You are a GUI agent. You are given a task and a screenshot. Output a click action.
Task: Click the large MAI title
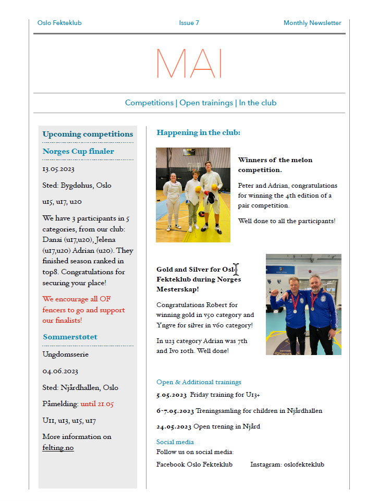tap(189, 64)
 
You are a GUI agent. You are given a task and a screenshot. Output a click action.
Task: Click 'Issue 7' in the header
tap(189, 23)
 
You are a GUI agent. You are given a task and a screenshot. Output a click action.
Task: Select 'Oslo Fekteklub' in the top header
tap(59, 23)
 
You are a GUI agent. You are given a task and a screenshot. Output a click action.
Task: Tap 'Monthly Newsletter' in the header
tap(312, 23)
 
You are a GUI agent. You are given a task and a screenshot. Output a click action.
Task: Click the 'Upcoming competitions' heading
tap(88, 134)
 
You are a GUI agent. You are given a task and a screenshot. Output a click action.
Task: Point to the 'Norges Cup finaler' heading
tap(78, 151)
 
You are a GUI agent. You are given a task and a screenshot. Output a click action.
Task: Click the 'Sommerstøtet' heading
tap(70, 337)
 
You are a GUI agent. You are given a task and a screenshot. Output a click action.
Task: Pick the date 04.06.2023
tap(60, 371)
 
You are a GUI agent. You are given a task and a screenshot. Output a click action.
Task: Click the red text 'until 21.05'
tap(97, 404)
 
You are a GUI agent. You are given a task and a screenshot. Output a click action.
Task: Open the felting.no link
tap(58, 447)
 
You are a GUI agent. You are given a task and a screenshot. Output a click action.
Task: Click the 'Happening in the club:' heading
tap(198, 132)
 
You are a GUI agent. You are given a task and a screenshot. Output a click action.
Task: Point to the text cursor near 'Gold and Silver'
tap(236, 270)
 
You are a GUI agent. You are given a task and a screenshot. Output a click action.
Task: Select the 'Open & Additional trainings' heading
tap(199, 382)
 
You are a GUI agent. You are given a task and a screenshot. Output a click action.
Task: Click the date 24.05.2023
tap(174, 426)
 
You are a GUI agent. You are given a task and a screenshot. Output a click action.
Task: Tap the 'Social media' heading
tap(175, 442)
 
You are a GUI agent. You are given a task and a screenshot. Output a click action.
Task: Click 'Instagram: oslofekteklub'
tap(287, 464)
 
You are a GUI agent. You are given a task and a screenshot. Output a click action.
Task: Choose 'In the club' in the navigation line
tap(258, 103)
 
